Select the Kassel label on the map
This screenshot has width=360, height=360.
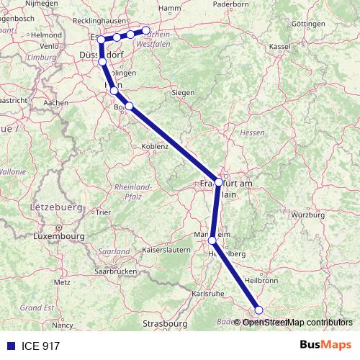(279, 46)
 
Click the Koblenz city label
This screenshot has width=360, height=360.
(154, 146)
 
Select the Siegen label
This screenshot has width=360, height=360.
(184, 92)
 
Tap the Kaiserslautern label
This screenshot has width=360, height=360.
(166, 251)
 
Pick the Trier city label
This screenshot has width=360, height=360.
(104, 212)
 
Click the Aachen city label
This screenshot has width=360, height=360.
(55, 103)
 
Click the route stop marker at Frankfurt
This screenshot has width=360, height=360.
(219, 182)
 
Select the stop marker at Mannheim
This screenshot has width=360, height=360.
(212, 241)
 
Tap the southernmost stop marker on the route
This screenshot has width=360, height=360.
(259, 310)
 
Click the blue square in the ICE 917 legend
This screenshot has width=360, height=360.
(10, 346)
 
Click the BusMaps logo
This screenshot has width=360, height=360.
(325, 346)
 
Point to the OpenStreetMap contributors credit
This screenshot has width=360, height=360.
(297, 323)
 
